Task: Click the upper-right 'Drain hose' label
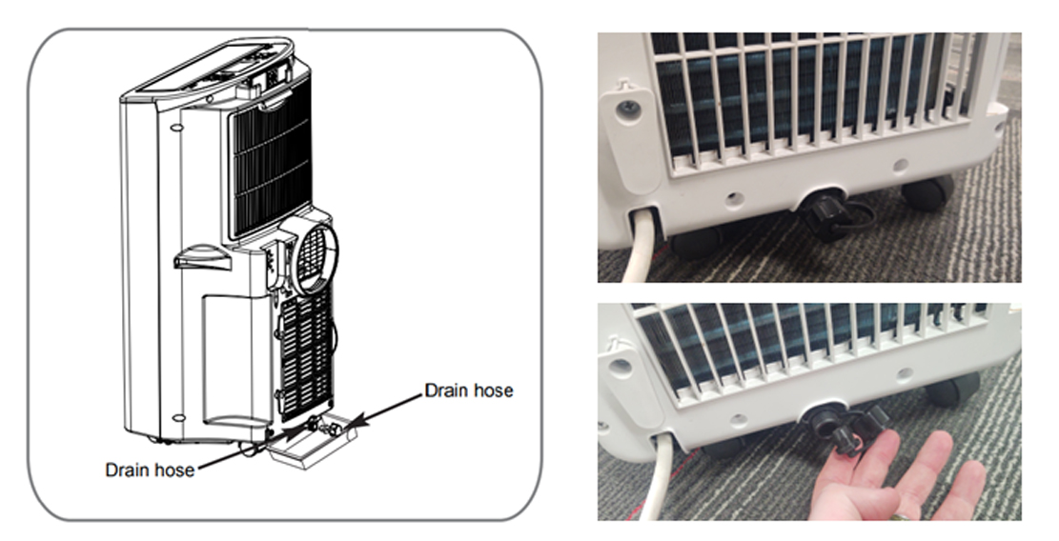click(469, 391)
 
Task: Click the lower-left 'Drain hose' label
click(150, 470)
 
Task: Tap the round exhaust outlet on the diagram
click(312, 255)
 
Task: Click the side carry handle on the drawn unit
click(202, 257)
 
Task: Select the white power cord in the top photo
click(640, 247)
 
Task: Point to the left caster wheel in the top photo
click(697, 244)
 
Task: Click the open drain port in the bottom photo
click(824, 417)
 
